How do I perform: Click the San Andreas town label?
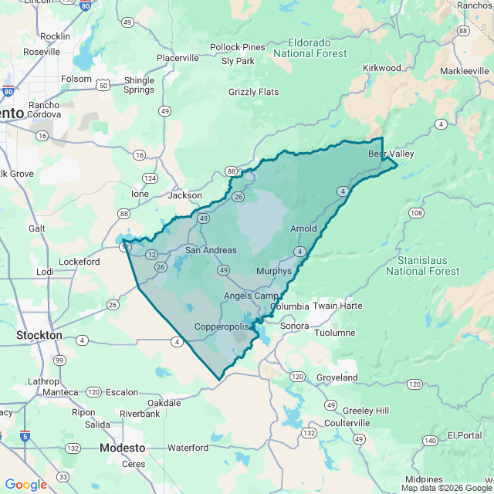click(x=211, y=250)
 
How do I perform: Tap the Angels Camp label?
click(x=251, y=296)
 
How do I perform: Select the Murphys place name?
click(x=274, y=272)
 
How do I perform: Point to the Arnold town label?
click(x=303, y=229)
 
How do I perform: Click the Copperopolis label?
click(x=222, y=327)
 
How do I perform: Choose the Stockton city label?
click(x=39, y=336)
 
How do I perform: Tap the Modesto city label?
click(x=123, y=448)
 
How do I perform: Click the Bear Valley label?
click(x=391, y=154)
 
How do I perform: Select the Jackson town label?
click(x=184, y=195)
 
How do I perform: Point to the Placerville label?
click(x=178, y=58)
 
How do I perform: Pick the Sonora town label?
click(x=294, y=326)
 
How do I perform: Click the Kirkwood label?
click(x=382, y=68)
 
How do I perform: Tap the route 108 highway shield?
click(x=416, y=212)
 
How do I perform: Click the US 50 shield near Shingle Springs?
click(x=103, y=85)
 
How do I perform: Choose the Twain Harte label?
click(x=337, y=306)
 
